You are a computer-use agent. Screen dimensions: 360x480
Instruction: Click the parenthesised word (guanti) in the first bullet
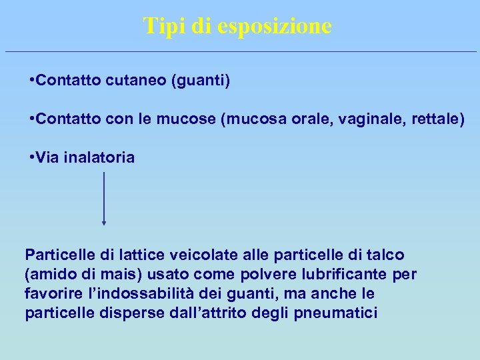(201, 81)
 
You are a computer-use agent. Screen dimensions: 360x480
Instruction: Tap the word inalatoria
(99, 158)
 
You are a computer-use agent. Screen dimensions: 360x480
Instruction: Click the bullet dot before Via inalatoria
(33, 158)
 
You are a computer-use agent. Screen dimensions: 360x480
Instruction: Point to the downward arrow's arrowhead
(104, 223)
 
